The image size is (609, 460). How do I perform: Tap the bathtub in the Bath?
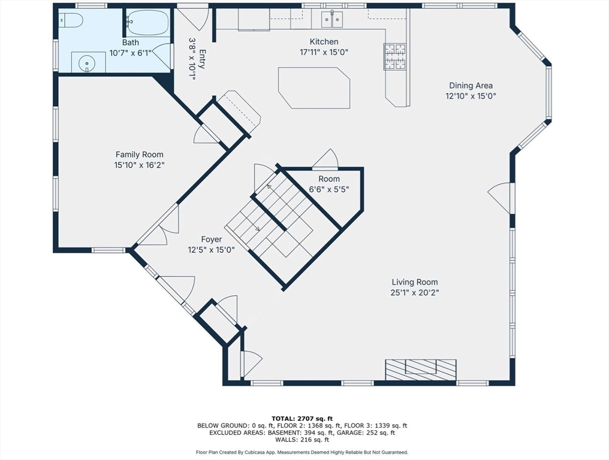click(x=147, y=23)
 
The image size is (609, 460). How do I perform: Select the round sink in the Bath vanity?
click(x=86, y=62)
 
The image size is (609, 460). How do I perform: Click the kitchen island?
click(x=314, y=88)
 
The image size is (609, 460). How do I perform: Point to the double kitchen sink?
click(x=332, y=19)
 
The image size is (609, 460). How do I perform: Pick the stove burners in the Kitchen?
click(x=395, y=57)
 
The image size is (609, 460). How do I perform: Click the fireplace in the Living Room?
click(x=421, y=370)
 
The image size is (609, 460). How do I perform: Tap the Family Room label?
click(x=140, y=155)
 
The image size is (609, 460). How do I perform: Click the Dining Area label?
click(x=471, y=86)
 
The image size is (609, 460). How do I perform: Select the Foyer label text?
click(x=211, y=240)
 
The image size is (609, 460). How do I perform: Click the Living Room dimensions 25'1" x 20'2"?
click(x=414, y=292)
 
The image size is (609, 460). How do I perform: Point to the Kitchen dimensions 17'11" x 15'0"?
click(x=324, y=52)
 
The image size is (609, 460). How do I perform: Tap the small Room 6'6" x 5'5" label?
click(x=329, y=184)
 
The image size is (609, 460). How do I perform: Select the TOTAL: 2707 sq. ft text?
click(x=302, y=419)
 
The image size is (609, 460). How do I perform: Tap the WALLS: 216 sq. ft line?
click(x=302, y=440)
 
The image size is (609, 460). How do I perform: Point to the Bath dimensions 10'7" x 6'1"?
click(x=130, y=53)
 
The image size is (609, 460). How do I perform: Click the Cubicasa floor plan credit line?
click(x=302, y=452)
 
